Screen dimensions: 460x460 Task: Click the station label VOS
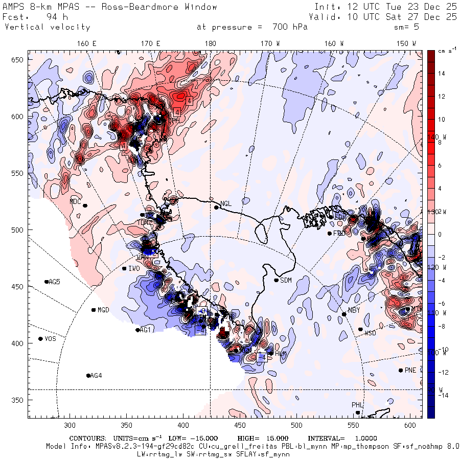pyautogui.click(x=50, y=339)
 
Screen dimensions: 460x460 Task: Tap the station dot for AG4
pyautogui.click(x=88, y=376)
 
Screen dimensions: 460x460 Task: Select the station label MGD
pyautogui.click(x=103, y=310)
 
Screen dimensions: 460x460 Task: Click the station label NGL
pyautogui.click(x=226, y=204)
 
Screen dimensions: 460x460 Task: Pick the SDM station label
pyautogui.click(x=286, y=280)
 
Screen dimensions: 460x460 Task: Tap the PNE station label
pyautogui.click(x=410, y=370)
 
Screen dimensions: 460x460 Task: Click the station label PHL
pyautogui.click(x=357, y=405)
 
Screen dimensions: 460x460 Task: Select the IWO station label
pyautogui.click(x=134, y=268)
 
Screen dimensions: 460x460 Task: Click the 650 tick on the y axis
pyautogui.click(x=19, y=60)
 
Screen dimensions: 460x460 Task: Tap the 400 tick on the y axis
pyautogui.click(x=19, y=343)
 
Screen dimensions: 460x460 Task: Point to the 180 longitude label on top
pyautogui.click(x=210, y=44)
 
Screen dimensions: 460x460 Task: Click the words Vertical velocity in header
pyautogui.click(x=48, y=27)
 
